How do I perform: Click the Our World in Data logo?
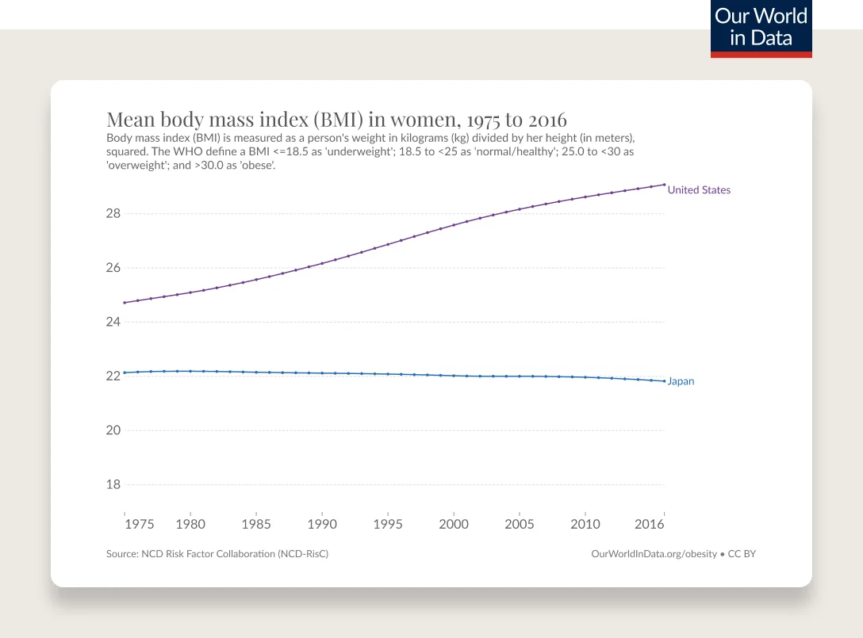[x=761, y=29]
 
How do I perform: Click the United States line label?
[x=699, y=190]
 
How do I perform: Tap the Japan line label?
[x=681, y=381]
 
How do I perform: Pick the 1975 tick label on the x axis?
[x=139, y=524]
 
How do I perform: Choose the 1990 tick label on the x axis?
[x=321, y=524]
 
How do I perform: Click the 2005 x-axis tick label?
[x=519, y=524]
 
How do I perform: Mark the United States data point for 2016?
[x=664, y=185]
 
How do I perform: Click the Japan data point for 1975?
[x=125, y=372]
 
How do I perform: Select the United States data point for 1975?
[x=125, y=303]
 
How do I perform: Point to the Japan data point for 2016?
[x=664, y=381]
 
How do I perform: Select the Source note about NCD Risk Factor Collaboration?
[x=217, y=554]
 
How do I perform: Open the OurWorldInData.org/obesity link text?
[x=654, y=554]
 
